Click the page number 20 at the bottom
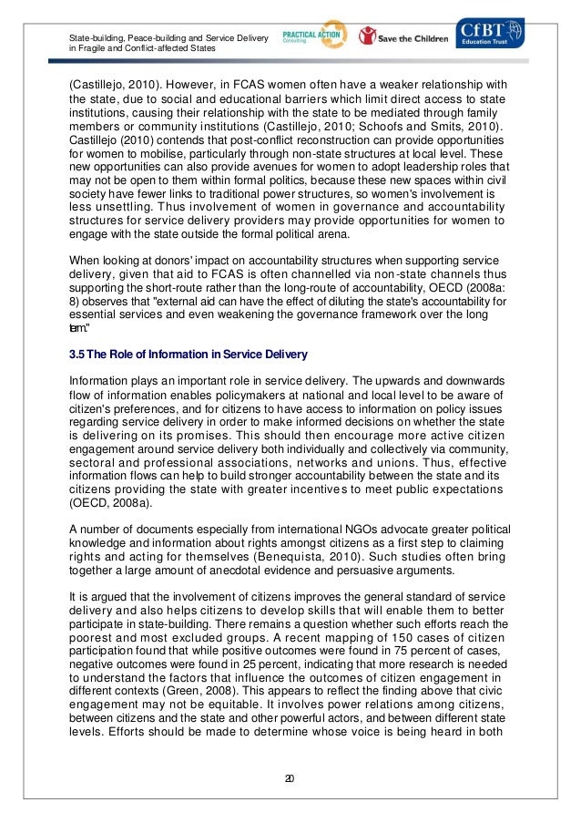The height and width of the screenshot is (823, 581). coord(290,777)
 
